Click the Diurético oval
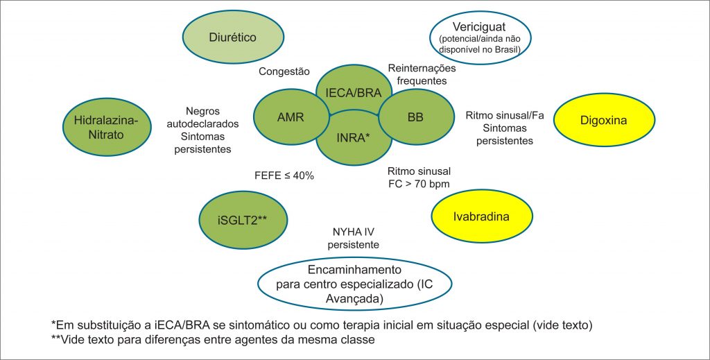pos(233,37)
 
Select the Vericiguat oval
pos(480,37)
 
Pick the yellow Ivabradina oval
pos(482,216)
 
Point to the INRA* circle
pos(352,137)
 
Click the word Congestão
pos(284,71)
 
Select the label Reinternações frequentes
pos(422,74)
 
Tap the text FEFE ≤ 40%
pos(286,175)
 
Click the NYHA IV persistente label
pos(353,239)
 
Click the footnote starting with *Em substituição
pos(322,325)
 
